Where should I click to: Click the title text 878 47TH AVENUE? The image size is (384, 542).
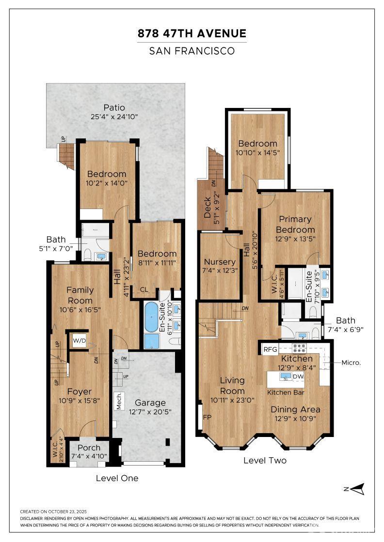(192, 33)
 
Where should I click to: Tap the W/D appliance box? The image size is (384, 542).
(79, 341)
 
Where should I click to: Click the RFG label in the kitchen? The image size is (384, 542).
(269, 349)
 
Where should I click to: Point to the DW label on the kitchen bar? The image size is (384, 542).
(299, 376)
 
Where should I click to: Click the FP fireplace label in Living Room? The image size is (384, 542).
(207, 417)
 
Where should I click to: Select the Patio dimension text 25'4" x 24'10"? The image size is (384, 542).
(114, 117)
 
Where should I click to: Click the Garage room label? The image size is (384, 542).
(150, 402)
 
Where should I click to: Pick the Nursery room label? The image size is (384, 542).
(220, 262)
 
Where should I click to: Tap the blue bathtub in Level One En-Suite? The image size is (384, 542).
(152, 317)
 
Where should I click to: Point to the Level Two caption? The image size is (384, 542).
(265, 460)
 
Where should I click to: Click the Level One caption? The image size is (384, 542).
(117, 478)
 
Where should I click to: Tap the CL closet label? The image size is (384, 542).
(144, 290)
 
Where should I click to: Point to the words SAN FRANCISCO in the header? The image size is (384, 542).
(192, 50)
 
